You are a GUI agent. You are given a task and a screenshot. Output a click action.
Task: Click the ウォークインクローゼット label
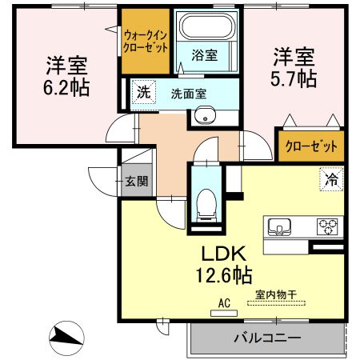[145, 41]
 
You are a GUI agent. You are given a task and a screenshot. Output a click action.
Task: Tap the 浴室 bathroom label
[204, 55]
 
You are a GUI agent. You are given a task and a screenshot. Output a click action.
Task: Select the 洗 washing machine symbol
[142, 92]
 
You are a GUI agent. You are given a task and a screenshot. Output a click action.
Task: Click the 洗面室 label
[188, 93]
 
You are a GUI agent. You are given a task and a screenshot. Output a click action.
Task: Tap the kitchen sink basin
[280, 226]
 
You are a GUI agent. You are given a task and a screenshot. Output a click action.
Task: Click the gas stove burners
[328, 226]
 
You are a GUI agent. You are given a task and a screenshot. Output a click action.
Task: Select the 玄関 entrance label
[136, 181]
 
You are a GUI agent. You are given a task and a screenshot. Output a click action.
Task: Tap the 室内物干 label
[275, 294]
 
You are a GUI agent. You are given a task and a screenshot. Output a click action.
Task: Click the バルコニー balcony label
[267, 338]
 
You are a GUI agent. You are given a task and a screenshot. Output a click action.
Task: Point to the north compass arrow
[66, 335]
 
